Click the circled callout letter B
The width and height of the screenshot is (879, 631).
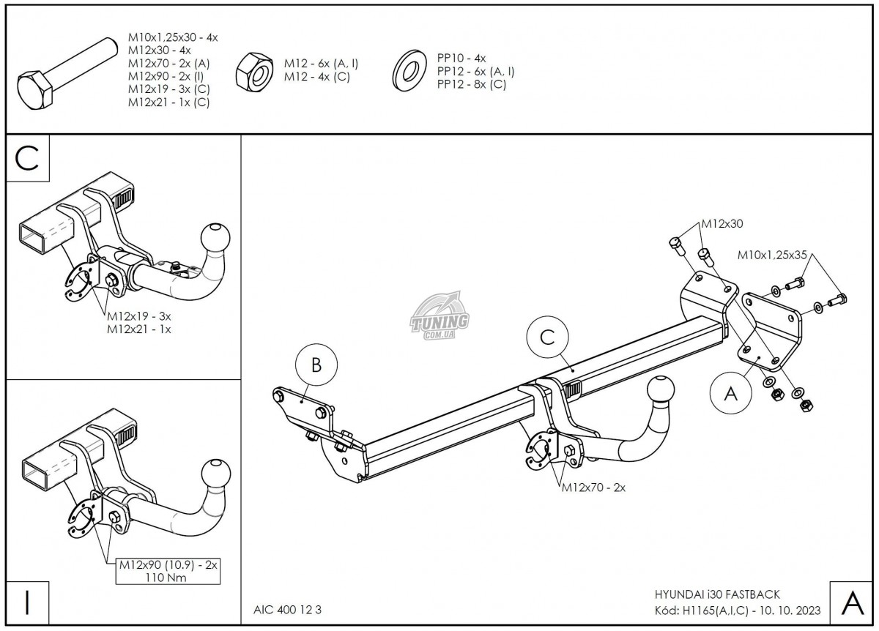(x=316, y=366)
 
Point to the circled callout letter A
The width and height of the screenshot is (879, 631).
(x=730, y=394)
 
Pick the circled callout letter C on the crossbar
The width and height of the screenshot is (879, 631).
(x=546, y=337)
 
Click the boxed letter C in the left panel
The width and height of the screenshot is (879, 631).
(x=27, y=159)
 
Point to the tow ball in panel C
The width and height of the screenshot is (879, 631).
(x=214, y=236)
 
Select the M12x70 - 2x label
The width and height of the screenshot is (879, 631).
(x=593, y=488)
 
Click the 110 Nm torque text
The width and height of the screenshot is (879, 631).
(x=167, y=578)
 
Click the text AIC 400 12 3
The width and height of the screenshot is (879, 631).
(x=282, y=609)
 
